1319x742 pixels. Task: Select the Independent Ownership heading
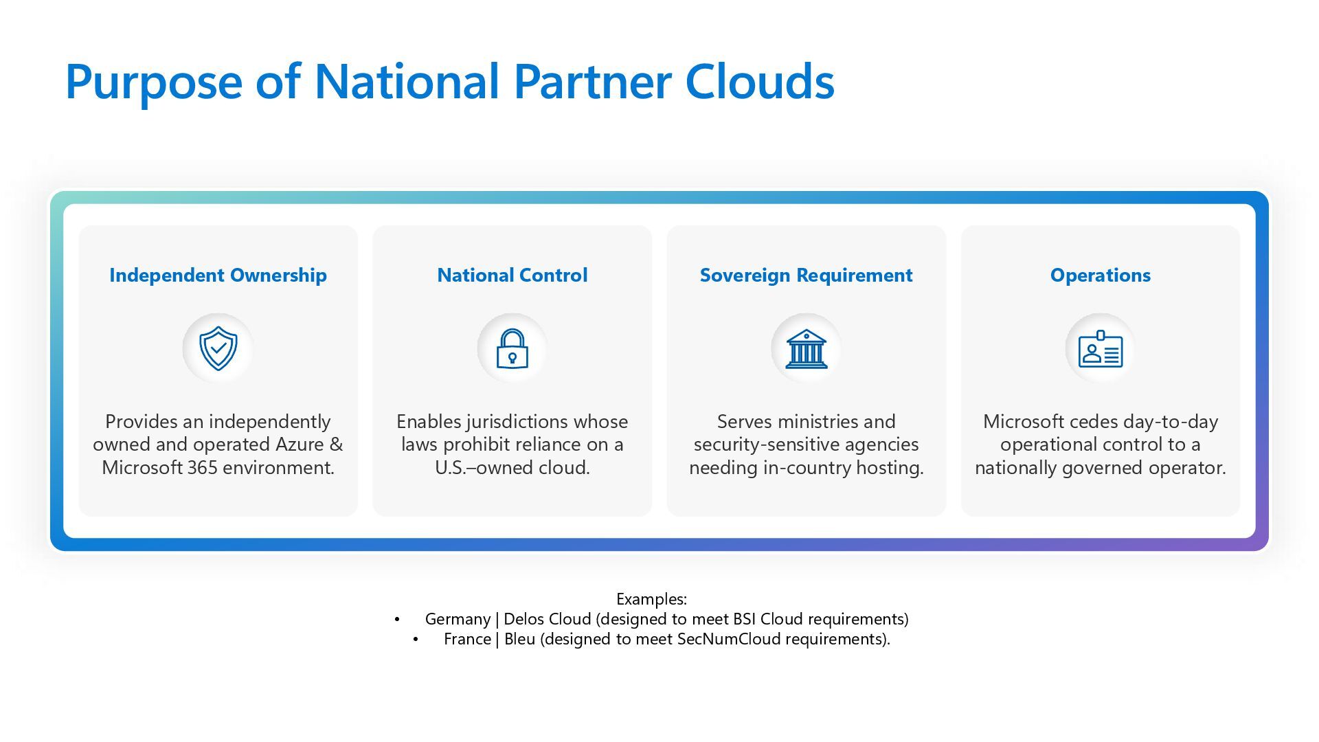coord(218,276)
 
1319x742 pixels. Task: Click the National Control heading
coord(512,276)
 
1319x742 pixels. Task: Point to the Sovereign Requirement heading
coord(806,276)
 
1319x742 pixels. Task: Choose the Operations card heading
coord(1100,276)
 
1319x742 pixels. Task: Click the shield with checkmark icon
coord(218,348)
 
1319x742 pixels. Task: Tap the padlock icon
coord(512,349)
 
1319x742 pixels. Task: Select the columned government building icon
coord(806,348)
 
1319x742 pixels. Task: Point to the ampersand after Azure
coord(336,445)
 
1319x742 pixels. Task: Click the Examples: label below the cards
coord(651,599)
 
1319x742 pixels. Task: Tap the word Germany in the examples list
coord(458,619)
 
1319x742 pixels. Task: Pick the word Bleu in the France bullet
coord(519,639)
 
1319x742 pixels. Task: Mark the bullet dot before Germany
coord(397,620)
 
